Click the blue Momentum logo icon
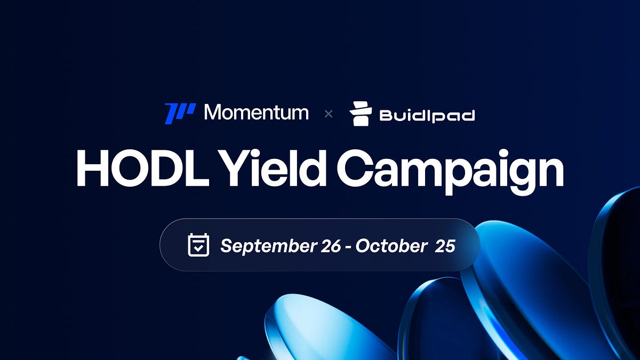(180, 113)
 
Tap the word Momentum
(256, 113)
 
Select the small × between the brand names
(329, 114)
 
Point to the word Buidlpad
(427, 115)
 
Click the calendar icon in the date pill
(198, 245)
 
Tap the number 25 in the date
(445, 246)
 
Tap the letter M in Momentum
(214, 113)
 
